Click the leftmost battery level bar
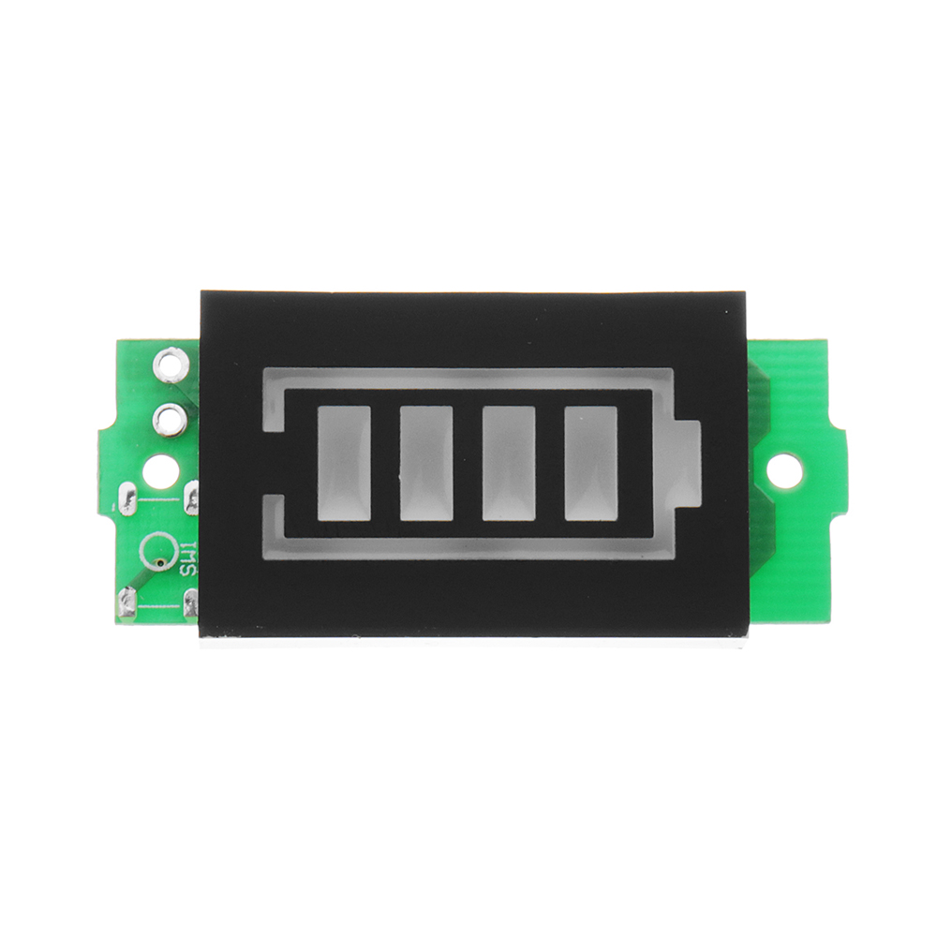(344, 463)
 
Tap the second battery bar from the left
(426, 463)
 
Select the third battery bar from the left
(509, 463)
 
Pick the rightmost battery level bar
(591, 463)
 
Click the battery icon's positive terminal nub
(686, 463)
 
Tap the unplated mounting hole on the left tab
(160, 470)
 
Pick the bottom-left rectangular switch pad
(127, 603)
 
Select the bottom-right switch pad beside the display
(192, 602)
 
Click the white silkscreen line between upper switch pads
(159, 500)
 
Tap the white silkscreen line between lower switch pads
(159, 605)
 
